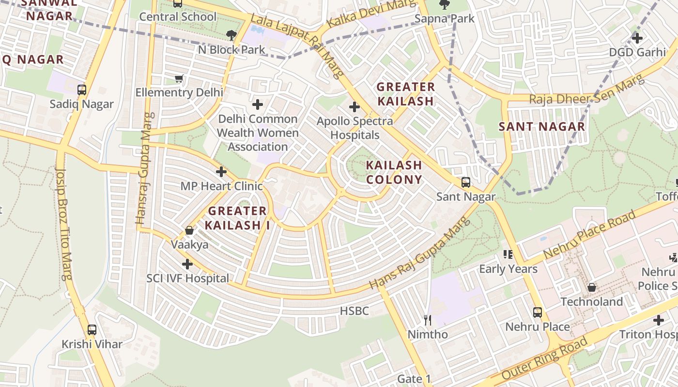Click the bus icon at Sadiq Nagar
(x=82, y=89)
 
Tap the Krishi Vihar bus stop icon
(x=92, y=330)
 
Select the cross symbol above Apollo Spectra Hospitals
(x=354, y=106)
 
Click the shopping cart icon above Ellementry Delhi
(x=179, y=78)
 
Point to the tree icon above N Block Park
(x=231, y=35)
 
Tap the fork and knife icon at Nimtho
(x=428, y=320)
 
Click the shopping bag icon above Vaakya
(x=189, y=230)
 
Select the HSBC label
(x=354, y=311)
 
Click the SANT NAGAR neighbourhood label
(x=542, y=127)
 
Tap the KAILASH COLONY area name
(x=394, y=172)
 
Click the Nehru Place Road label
(x=589, y=235)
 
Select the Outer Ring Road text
(x=545, y=358)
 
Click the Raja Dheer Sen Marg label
(x=587, y=92)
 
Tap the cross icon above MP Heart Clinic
(x=221, y=172)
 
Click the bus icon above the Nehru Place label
(x=538, y=313)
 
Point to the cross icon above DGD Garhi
(x=637, y=38)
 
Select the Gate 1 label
(x=414, y=379)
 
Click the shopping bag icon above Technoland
(x=592, y=288)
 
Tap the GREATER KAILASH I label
(x=237, y=218)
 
